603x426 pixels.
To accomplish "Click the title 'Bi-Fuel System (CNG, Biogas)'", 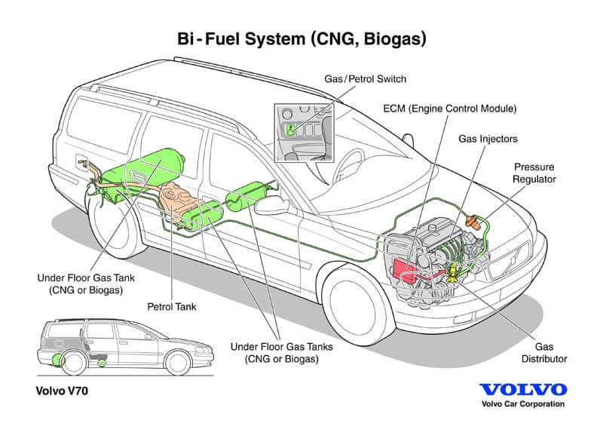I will coord(301,38).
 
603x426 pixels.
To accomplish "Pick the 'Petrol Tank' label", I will coord(172,308).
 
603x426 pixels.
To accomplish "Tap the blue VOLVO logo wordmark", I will coord(523,390).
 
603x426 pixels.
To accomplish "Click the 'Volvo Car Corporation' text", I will coord(523,405).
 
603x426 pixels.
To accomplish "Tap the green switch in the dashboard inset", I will coord(291,129).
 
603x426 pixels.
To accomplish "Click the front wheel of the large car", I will coord(349,293).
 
